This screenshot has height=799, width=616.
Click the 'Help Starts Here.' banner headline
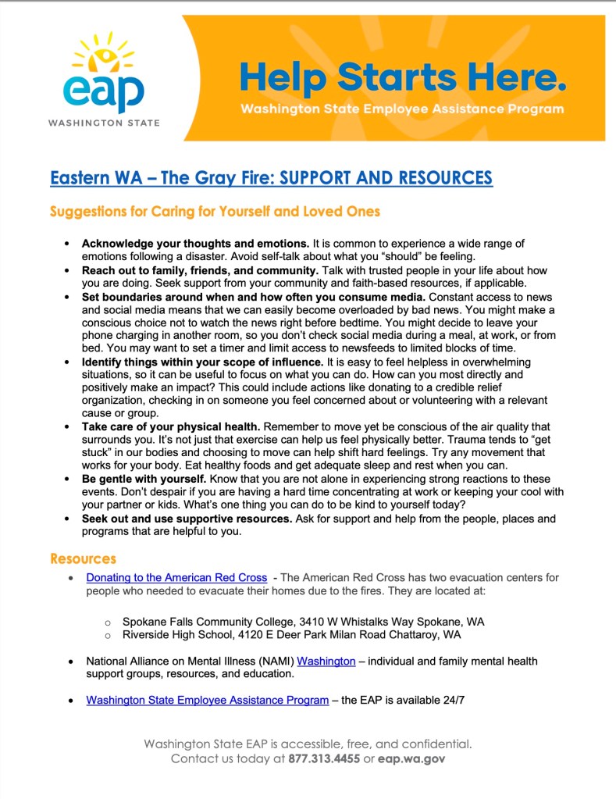click(402, 78)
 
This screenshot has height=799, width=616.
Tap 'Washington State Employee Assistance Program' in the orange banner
click(402, 109)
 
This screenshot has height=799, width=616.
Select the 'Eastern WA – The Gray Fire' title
click(271, 178)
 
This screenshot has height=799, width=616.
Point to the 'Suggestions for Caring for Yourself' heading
click(215, 212)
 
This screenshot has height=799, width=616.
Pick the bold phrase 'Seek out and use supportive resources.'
click(187, 519)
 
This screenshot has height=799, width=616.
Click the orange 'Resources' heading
click(83, 558)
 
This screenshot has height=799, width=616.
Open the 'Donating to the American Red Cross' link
click(176, 578)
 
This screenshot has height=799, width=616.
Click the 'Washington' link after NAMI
click(326, 662)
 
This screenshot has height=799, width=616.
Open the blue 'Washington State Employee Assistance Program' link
click(207, 700)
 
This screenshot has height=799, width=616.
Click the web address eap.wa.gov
click(411, 758)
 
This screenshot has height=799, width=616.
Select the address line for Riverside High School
click(291, 635)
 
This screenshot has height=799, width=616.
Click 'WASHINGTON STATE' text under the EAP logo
click(103, 123)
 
